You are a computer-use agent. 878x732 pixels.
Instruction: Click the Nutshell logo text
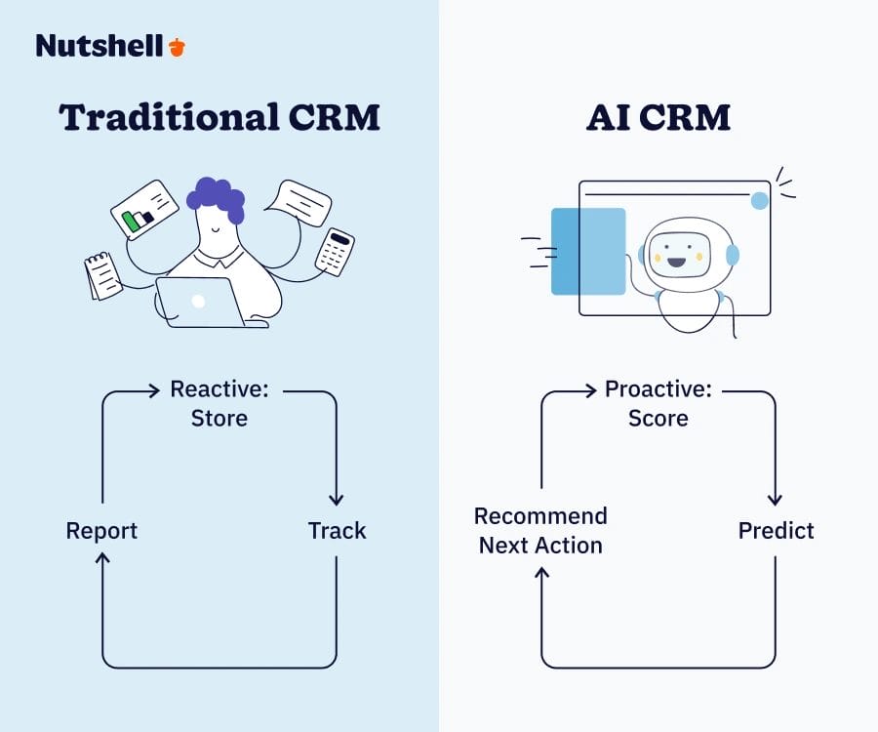100,45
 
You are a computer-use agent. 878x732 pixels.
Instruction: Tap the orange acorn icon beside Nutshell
177,46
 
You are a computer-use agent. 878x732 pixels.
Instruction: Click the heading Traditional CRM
219,117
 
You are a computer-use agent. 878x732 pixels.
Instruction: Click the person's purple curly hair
216,197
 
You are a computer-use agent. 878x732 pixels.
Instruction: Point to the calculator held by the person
335,252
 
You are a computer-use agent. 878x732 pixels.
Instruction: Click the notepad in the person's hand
102,275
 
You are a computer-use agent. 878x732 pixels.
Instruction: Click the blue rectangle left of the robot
588,251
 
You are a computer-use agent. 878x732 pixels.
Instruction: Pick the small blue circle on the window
759,200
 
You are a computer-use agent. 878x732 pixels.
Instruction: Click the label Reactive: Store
219,403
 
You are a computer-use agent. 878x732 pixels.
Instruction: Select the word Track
337,531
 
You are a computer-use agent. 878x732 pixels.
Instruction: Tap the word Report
101,531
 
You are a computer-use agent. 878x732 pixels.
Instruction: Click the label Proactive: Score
658,403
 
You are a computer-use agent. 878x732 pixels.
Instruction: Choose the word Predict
776,531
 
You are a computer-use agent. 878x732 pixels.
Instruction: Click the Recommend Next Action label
540,531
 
